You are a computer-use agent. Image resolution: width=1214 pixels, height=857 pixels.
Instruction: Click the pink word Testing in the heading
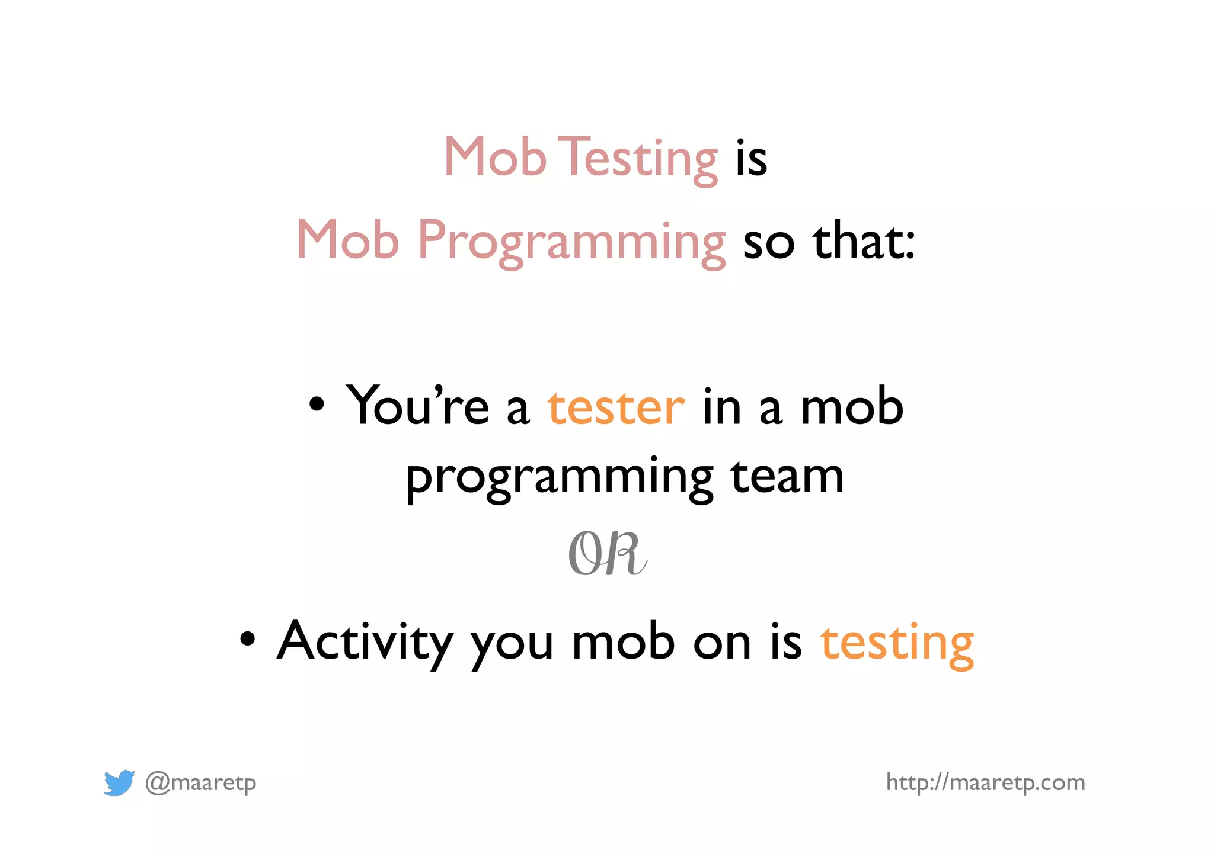[639, 158]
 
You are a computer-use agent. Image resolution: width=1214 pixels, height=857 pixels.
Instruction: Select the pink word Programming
[571, 241]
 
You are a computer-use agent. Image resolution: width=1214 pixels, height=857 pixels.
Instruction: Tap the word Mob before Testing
[494, 156]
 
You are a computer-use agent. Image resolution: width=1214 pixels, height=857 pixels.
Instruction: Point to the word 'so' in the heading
[768, 243]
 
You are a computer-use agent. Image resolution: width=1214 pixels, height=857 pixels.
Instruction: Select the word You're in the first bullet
[417, 406]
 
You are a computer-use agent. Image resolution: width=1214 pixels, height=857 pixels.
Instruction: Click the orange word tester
[616, 407]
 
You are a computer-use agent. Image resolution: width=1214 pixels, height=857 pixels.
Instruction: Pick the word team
[787, 476]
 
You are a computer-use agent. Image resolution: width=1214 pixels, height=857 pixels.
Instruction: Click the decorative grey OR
[607, 554]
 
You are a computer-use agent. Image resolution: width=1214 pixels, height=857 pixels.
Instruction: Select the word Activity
[365, 642]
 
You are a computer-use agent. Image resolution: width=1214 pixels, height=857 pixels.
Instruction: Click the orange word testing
[897, 643]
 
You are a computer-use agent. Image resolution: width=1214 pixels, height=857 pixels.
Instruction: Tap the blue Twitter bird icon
[119, 782]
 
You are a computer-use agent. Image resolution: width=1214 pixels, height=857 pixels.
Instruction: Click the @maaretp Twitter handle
[200, 783]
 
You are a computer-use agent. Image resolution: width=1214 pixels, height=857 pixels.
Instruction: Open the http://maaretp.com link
[985, 782]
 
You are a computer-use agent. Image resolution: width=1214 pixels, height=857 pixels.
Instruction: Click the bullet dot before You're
[317, 405]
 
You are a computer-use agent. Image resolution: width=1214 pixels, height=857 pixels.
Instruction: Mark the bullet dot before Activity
[247, 639]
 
